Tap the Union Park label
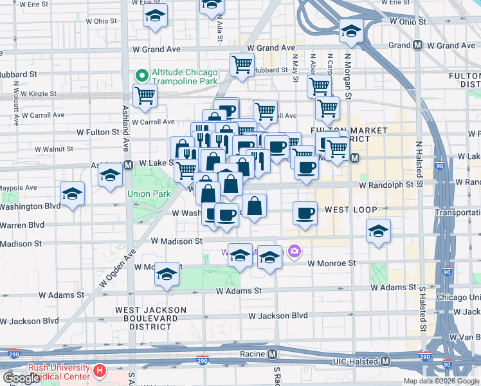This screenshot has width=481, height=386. [149, 193]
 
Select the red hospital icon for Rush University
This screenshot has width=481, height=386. [99, 371]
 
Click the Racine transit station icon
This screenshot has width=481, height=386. [273, 354]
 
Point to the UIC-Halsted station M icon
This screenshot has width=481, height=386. [385, 362]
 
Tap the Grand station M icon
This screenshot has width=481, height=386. [417, 45]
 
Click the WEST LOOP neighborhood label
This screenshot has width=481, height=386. [350, 210]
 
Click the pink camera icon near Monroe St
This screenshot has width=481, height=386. [295, 252]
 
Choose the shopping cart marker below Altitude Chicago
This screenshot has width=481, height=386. [145, 96]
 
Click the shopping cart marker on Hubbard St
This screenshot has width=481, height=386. [242, 64]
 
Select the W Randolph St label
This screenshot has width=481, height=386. [385, 185]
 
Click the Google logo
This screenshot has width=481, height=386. [22, 378]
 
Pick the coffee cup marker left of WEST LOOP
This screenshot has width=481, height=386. [305, 213]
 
